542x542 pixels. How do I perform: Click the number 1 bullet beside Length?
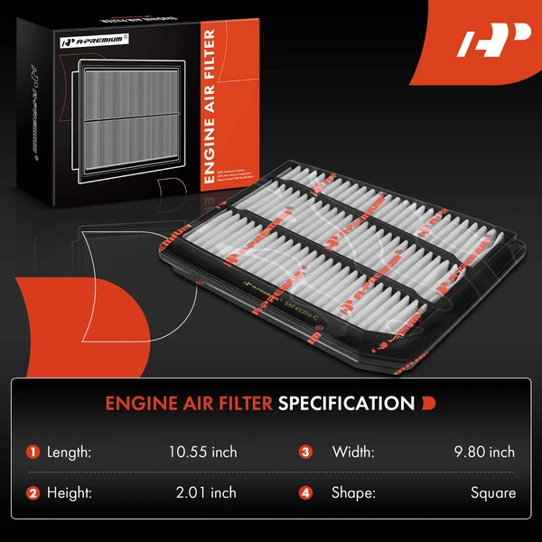[33, 452]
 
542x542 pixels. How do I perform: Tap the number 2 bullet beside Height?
[33, 493]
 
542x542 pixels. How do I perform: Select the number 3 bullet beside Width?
[305, 452]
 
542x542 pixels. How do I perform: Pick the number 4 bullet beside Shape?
[305, 493]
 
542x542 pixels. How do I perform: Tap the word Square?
[493, 493]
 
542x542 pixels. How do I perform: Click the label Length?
[75, 452]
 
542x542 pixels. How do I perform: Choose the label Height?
[76, 493]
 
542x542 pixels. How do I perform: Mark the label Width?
[353, 452]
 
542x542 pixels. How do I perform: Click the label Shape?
[355, 493]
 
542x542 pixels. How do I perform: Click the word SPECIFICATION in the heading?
[346, 402]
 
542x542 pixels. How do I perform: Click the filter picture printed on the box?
[130, 117]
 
